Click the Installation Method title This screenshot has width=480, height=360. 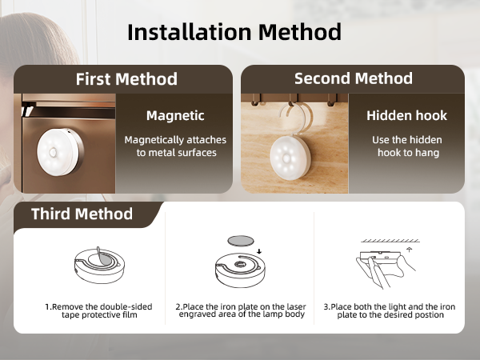coord(234,32)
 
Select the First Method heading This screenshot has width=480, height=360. coord(126,79)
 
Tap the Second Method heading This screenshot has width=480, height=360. coord(353,78)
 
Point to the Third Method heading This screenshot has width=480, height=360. coord(82,214)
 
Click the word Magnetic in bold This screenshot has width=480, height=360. coord(175,116)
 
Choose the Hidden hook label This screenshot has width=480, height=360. coord(406,116)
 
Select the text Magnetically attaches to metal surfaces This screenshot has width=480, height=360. coord(175,146)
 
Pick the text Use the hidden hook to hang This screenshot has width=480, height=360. coord(406,146)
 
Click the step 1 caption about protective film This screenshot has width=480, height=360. coord(90,310)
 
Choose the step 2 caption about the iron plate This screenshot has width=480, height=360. coord(239,310)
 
